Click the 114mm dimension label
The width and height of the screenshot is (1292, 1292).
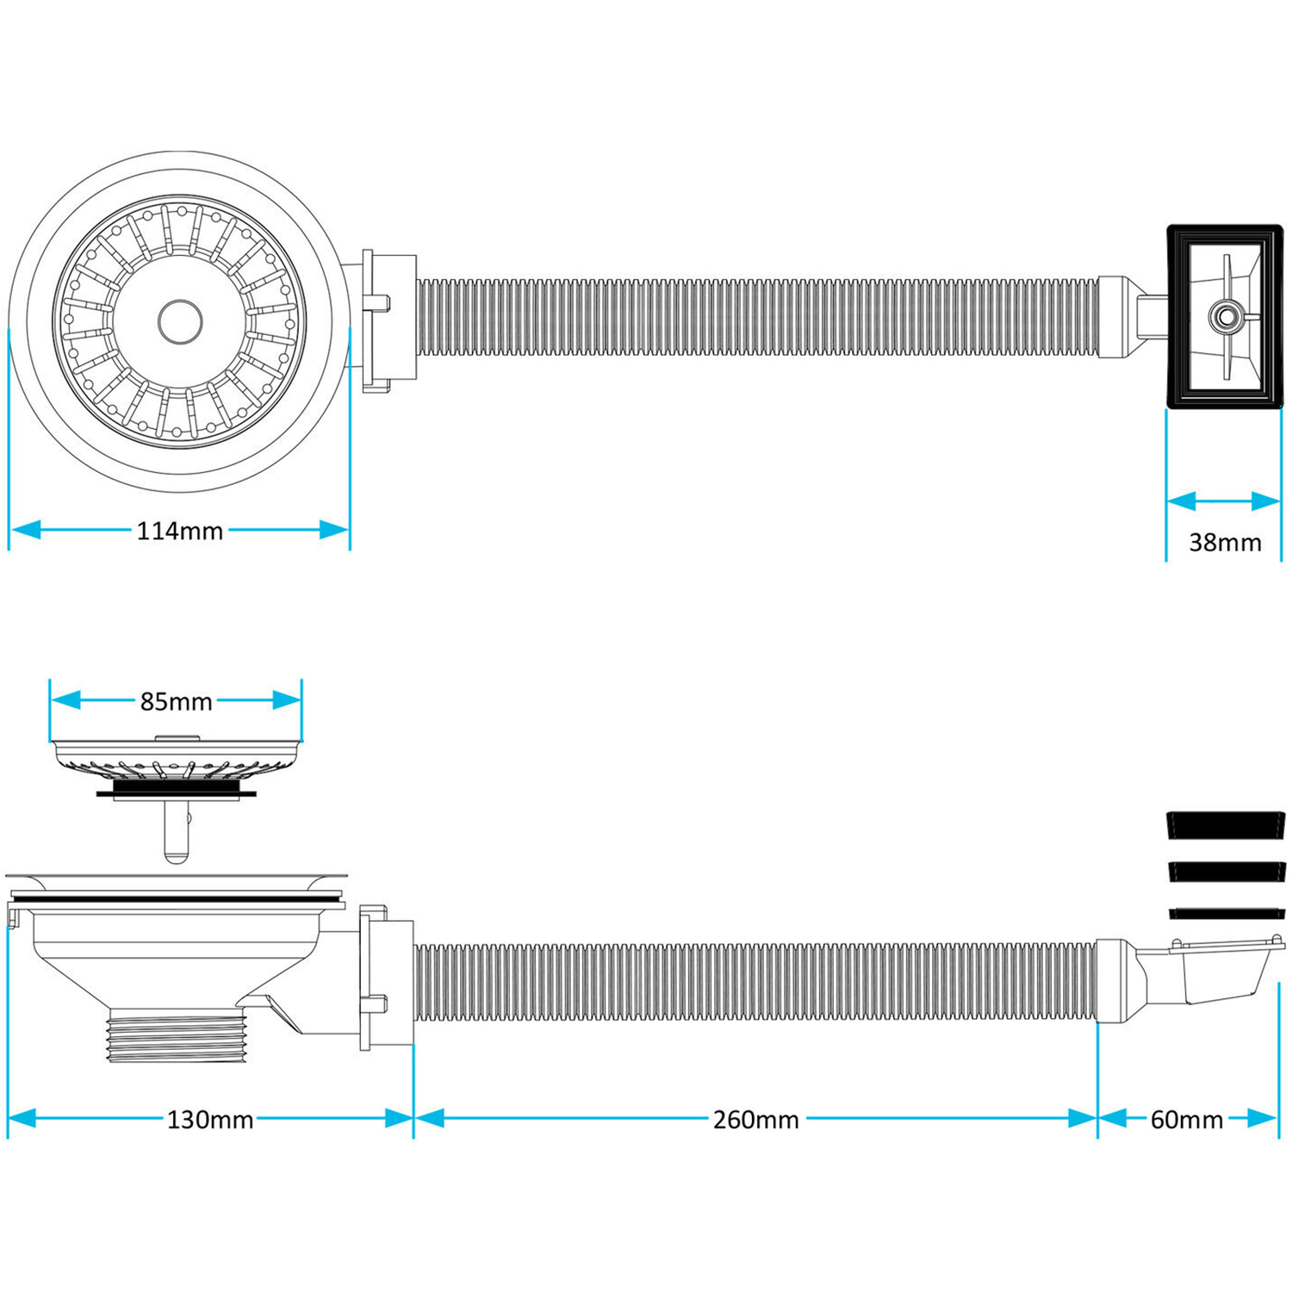click(180, 531)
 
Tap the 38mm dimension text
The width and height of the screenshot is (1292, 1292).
click(1225, 543)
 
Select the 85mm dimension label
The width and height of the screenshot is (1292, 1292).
click(177, 702)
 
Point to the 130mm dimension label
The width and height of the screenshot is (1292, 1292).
click(210, 1120)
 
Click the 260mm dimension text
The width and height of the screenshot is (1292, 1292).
click(756, 1120)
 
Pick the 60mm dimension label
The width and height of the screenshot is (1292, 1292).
click(1187, 1120)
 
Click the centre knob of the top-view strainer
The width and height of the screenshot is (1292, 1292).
click(180, 320)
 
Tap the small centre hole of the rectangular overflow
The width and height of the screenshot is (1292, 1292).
click(1221, 315)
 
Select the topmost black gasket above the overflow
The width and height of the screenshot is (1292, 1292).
click(1226, 824)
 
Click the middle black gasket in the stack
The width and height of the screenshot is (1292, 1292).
click(1226, 871)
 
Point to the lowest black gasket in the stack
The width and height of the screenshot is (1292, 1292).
click(1226, 913)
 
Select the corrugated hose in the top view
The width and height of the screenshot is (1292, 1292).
click(759, 316)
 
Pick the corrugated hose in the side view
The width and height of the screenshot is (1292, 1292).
click(755, 983)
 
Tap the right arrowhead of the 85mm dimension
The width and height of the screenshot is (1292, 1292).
click(287, 700)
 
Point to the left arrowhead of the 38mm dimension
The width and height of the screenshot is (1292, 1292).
click(1182, 501)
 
